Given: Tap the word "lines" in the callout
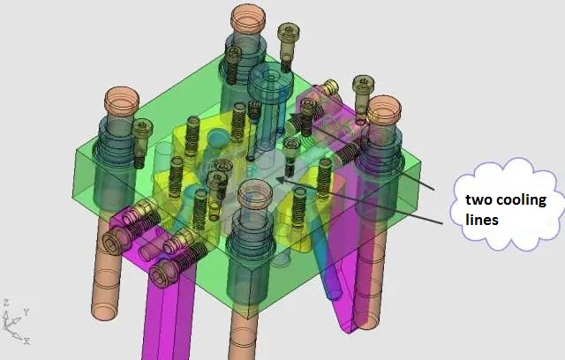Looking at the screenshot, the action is [482, 219].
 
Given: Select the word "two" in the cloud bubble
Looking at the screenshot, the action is [478, 199].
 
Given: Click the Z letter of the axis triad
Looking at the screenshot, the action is [6, 303].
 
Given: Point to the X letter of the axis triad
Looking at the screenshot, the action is [27, 341].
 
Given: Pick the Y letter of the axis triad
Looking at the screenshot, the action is [26, 311].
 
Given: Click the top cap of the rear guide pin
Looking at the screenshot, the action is [248, 19].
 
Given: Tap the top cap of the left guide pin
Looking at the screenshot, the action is [122, 99].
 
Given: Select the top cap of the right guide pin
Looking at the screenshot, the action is [384, 109].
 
